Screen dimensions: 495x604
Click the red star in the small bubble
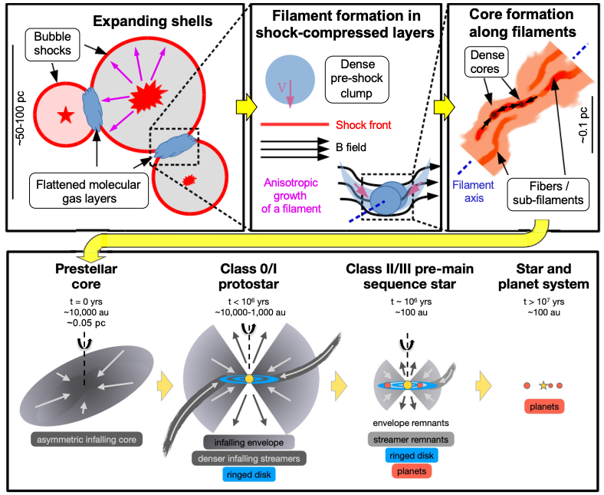(x=66, y=114)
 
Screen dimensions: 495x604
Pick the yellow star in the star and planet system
(x=543, y=384)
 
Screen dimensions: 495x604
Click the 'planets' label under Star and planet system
(x=543, y=406)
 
